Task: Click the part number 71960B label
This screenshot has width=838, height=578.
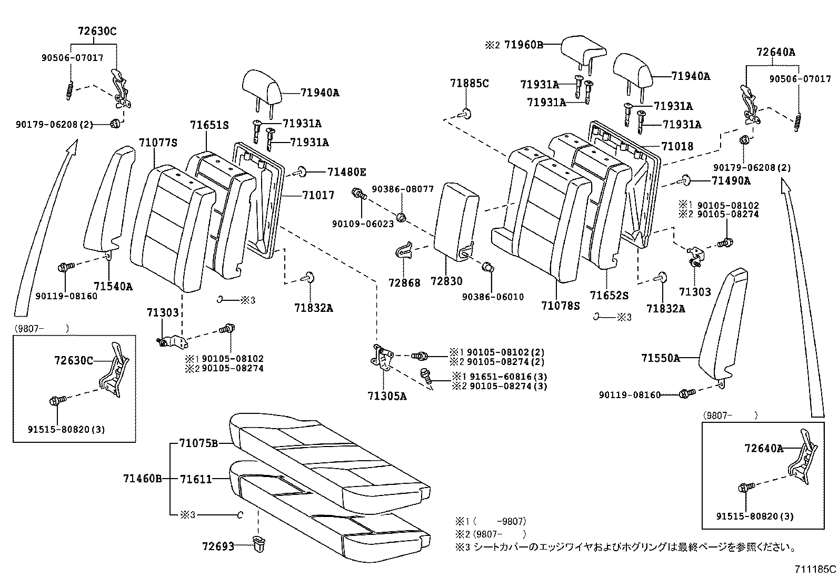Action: click(x=523, y=45)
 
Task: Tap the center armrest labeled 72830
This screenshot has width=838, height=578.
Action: click(x=455, y=221)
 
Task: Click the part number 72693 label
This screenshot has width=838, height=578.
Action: click(x=218, y=546)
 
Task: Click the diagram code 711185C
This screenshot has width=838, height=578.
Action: click(x=815, y=569)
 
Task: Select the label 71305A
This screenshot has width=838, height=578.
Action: click(x=387, y=396)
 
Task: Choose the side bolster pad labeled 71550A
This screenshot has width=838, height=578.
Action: click(x=724, y=323)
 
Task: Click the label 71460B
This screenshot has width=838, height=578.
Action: click(x=142, y=479)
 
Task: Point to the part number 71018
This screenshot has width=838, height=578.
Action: click(x=677, y=146)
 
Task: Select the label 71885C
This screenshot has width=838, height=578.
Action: click(x=469, y=83)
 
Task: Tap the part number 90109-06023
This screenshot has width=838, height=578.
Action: click(x=363, y=224)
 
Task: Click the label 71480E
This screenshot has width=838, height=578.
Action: click(x=346, y=172)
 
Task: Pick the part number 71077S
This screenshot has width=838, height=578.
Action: click(x=158, y=143)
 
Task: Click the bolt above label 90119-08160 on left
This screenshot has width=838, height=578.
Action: click(x=63, y=268)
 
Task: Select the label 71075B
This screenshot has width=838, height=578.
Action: click(x=198, y=443)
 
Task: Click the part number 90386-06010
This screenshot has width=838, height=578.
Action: click(x=493, y=297)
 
